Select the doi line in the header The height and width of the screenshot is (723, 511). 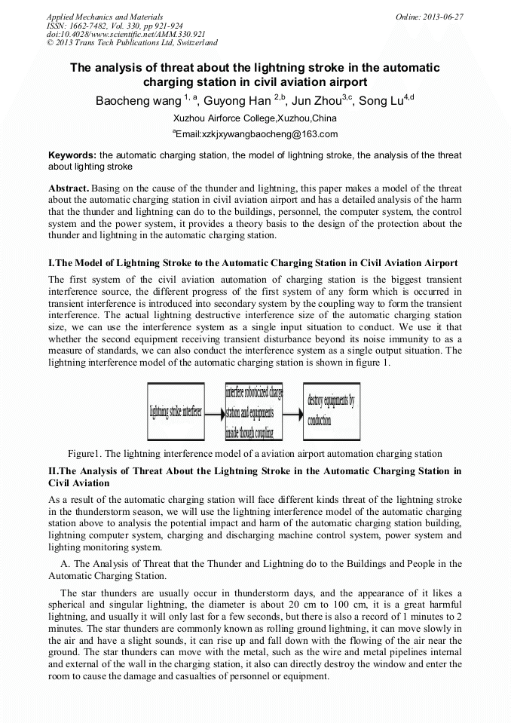(x=126, y=35)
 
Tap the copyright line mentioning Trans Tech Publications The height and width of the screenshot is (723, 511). (x=132, y=43)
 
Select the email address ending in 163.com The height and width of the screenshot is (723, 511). (x=256, y=134)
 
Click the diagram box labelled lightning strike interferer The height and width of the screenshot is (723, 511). (x=176, y=412)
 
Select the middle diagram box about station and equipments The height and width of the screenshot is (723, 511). (x=254, y=412)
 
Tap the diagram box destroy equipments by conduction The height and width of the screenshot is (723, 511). (x=331, y=412)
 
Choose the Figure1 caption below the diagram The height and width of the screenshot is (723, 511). (x=255, y=454)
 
